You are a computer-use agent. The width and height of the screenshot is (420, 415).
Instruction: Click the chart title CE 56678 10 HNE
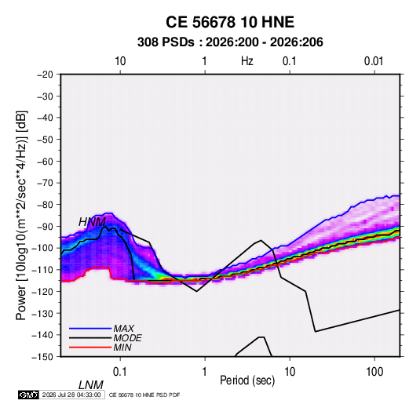(230, 22)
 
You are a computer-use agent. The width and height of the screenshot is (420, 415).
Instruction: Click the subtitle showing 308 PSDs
(230, 42)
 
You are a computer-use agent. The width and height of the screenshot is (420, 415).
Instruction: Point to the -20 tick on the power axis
(45, 75)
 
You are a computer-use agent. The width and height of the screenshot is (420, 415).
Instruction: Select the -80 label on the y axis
(45, 205)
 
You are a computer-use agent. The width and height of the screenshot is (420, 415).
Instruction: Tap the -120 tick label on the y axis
(42, 291)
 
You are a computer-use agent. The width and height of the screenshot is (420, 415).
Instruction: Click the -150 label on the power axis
(42, 357)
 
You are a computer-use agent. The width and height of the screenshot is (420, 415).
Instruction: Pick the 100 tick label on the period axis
(374, 372)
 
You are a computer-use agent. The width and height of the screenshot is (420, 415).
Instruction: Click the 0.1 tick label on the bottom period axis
(120, 372)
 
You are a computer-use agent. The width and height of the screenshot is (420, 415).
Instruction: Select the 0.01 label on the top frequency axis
(374, 61)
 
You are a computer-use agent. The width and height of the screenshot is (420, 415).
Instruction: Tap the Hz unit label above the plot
(247, 61)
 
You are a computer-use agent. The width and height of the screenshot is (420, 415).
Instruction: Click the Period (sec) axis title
(247, 380)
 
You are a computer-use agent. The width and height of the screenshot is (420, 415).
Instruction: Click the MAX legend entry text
(123, 328)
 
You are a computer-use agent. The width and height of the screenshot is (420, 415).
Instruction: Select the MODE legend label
(127, 338)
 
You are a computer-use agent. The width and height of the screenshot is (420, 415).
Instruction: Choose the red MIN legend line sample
(90, 348)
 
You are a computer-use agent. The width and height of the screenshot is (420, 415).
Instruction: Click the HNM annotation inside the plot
(92, 222)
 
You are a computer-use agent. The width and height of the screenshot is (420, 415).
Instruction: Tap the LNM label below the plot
(90, 385)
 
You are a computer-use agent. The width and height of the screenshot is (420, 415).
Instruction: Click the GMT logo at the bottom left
(28, 395)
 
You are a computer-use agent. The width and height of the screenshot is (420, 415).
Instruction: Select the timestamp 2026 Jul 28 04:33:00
(71, 395)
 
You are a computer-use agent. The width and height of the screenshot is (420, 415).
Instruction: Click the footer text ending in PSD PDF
(144, 395)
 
